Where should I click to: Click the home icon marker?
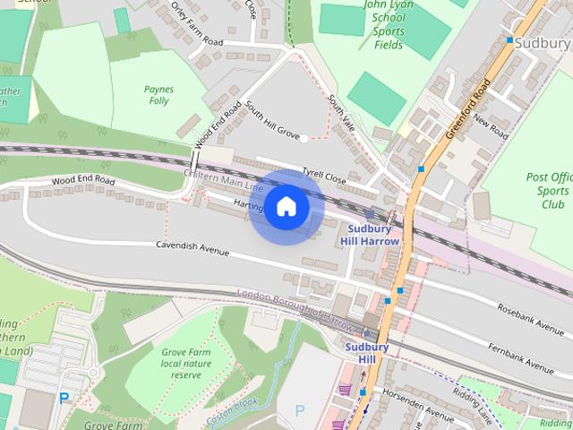286,207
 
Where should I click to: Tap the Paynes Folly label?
158,95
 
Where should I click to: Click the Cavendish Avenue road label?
192,249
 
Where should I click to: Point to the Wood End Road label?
83,181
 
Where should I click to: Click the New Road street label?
491,127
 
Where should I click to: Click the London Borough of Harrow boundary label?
295,307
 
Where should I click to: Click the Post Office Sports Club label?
549,191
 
